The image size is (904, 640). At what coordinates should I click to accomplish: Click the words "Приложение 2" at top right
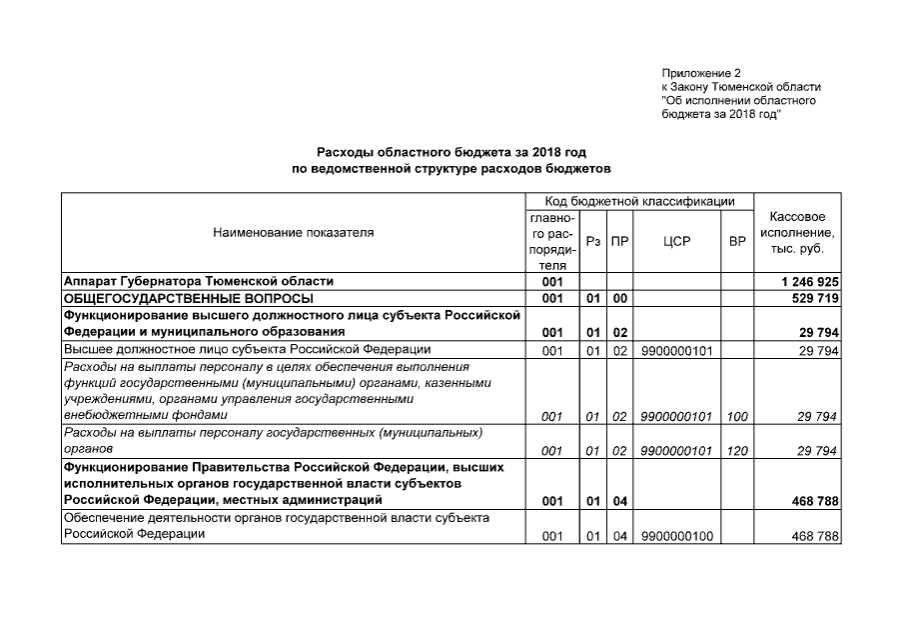pyautogui.click(x=701, y=74)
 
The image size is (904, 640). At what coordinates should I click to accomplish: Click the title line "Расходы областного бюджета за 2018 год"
pyautogui.click(x=451, y=152)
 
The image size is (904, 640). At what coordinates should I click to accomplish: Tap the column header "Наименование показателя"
pyautogui.click(x=294, y=233)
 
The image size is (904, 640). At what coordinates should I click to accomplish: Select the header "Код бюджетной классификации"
pyautogui.click(x=639, y=201)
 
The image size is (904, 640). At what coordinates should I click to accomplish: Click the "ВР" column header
pyautogui.click(x=737, y=241)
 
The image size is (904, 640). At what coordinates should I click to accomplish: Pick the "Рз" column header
pyautogui.click(x=593, y=241)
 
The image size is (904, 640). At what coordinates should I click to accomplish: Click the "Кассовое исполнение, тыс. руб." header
pyautogui.click(x=797, y=232)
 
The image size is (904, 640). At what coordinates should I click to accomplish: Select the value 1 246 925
pyautogui.click(x=808, y=282)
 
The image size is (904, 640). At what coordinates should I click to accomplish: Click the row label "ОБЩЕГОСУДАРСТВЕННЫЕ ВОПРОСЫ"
pyautogui.click(x=189, y=298)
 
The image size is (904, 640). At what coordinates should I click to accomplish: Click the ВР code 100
pyautogui.click(x=737, y=415)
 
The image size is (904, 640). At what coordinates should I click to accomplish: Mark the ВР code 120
pyautogui.click(x=737, y=451)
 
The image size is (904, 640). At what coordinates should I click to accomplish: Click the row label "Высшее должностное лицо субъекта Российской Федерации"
pyautogui.click(x=247, y=349)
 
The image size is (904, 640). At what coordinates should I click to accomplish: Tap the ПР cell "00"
pyautogui.click(x=619, y=298)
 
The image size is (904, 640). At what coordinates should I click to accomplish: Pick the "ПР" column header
pyautogui.click(x=619, y=241)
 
